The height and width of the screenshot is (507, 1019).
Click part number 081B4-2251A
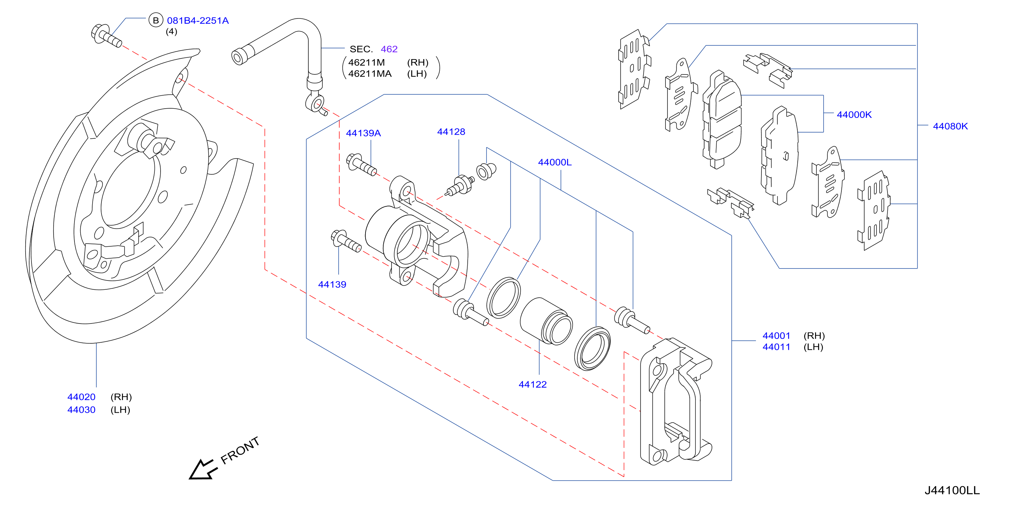198,20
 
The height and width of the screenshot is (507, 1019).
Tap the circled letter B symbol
156,20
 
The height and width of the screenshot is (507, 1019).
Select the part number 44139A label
363,133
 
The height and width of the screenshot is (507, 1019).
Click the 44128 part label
451,132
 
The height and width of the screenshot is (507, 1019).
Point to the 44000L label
555,162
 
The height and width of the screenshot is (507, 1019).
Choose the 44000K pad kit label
854,115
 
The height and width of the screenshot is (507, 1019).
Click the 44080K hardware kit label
950,126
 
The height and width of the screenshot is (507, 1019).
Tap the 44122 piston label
533,384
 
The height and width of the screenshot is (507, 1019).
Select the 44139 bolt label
332,284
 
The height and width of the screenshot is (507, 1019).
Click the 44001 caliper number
776,336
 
